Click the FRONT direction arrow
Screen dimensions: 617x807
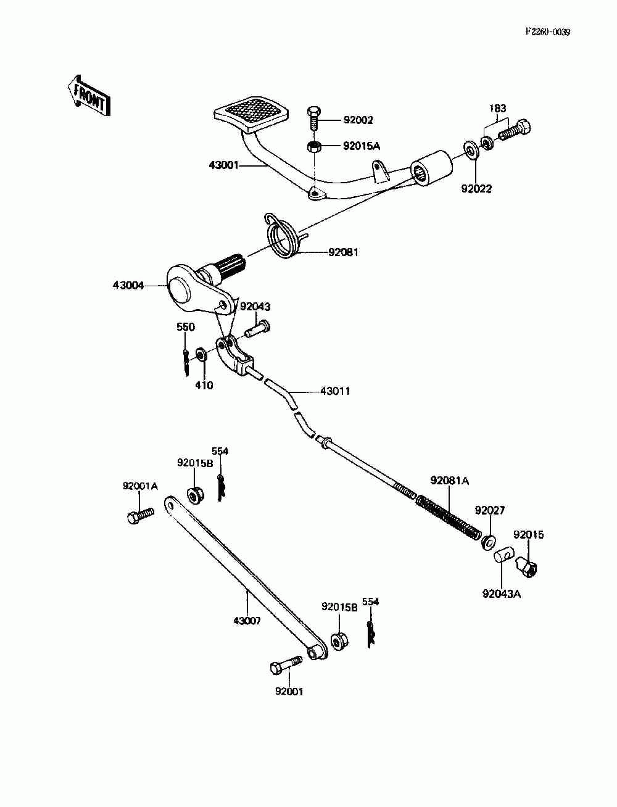point(89,96)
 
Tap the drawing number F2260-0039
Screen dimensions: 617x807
point(547,32)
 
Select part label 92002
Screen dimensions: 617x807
point(358,120)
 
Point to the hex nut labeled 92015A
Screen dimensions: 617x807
point(314,147)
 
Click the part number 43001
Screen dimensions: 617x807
point(223,165)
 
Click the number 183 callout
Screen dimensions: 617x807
point(498,109)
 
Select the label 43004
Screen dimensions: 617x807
point(128,285)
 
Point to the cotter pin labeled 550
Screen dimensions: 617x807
point(186,362)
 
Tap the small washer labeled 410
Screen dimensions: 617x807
point(201,355)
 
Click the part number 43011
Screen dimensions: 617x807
point(335,391)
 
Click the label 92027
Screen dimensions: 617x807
point(490,510)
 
